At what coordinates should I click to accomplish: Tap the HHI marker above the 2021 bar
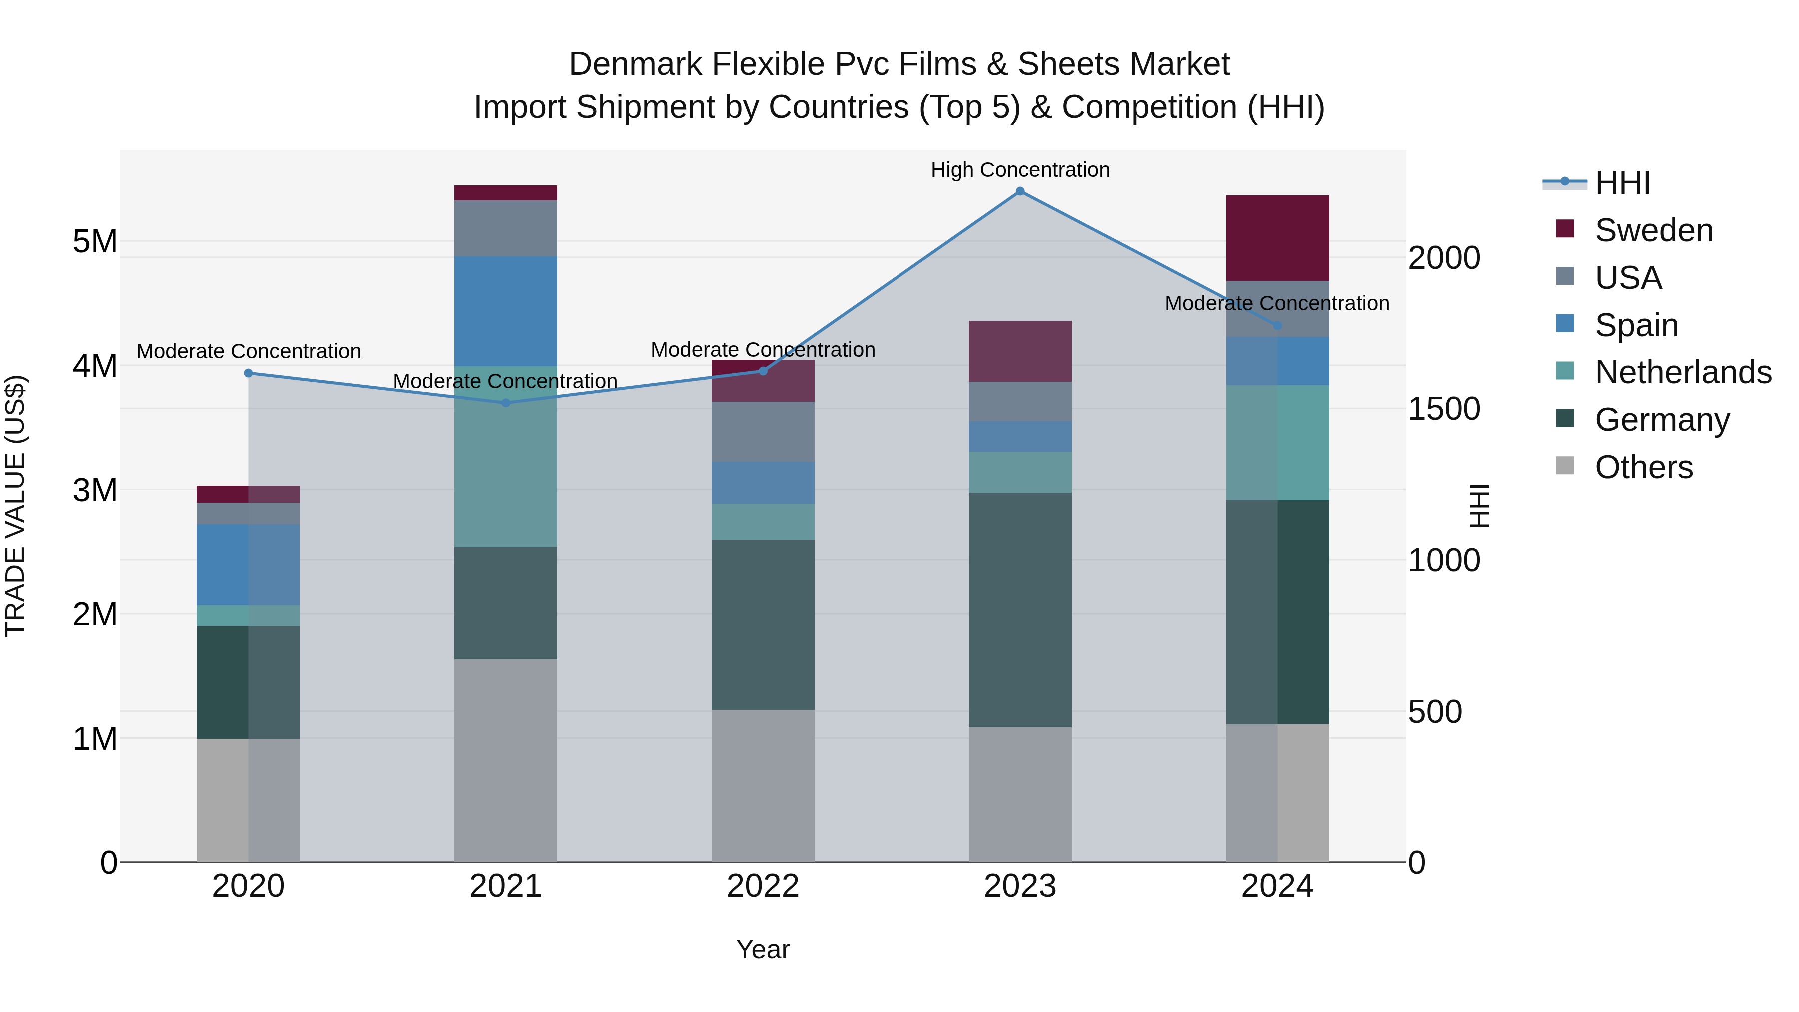tap(506, 403)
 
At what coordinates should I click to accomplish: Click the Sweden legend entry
tap(1653, 230)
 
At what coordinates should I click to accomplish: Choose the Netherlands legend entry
tap(1682, 372)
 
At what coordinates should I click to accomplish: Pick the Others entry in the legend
tap(1643, 467)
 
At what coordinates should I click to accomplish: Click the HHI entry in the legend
tap(1622, 183)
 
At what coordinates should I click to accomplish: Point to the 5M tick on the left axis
tap(95, 242)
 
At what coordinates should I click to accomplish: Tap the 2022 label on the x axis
tap(763, 886)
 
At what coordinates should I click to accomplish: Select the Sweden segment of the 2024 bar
tap(1277, 238)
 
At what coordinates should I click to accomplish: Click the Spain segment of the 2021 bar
tap(506, 311)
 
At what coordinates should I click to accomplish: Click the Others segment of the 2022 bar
tap(763, 786)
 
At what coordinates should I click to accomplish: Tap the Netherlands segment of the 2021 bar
tap(506, 457)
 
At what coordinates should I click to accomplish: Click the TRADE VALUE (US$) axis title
tap(15, 506)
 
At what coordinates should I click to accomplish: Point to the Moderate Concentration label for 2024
tap(1277, 303)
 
